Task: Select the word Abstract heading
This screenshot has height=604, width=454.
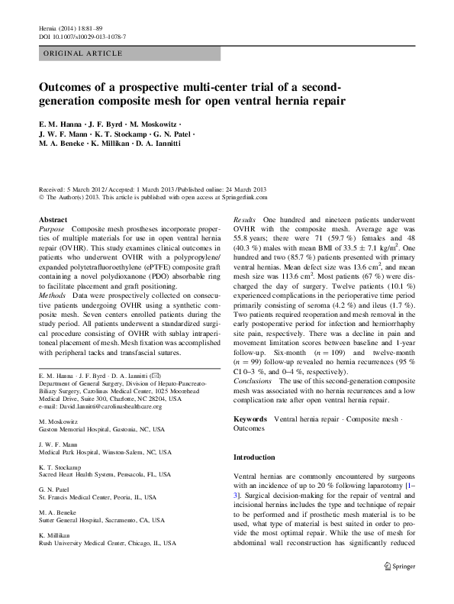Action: click(53, 219)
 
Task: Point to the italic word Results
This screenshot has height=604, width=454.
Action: click(245, 219)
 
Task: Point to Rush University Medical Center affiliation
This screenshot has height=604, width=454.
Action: click(107, 544)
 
